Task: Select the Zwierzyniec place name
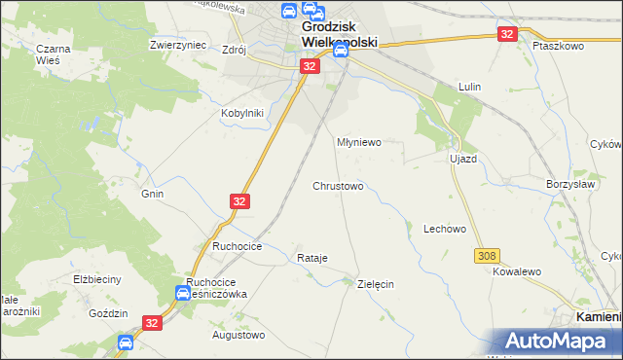pos(175,45)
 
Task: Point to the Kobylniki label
pos(241,112)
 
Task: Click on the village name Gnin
pos(152,194)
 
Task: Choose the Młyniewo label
pos(358,141)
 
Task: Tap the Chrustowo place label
pos(338,186)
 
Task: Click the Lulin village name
pos(471,87)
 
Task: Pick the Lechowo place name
pos(445,230)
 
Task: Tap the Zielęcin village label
pos(376,284)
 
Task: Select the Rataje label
pos(311,258)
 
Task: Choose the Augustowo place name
pos(238,335)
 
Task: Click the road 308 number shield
pos(488,255)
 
